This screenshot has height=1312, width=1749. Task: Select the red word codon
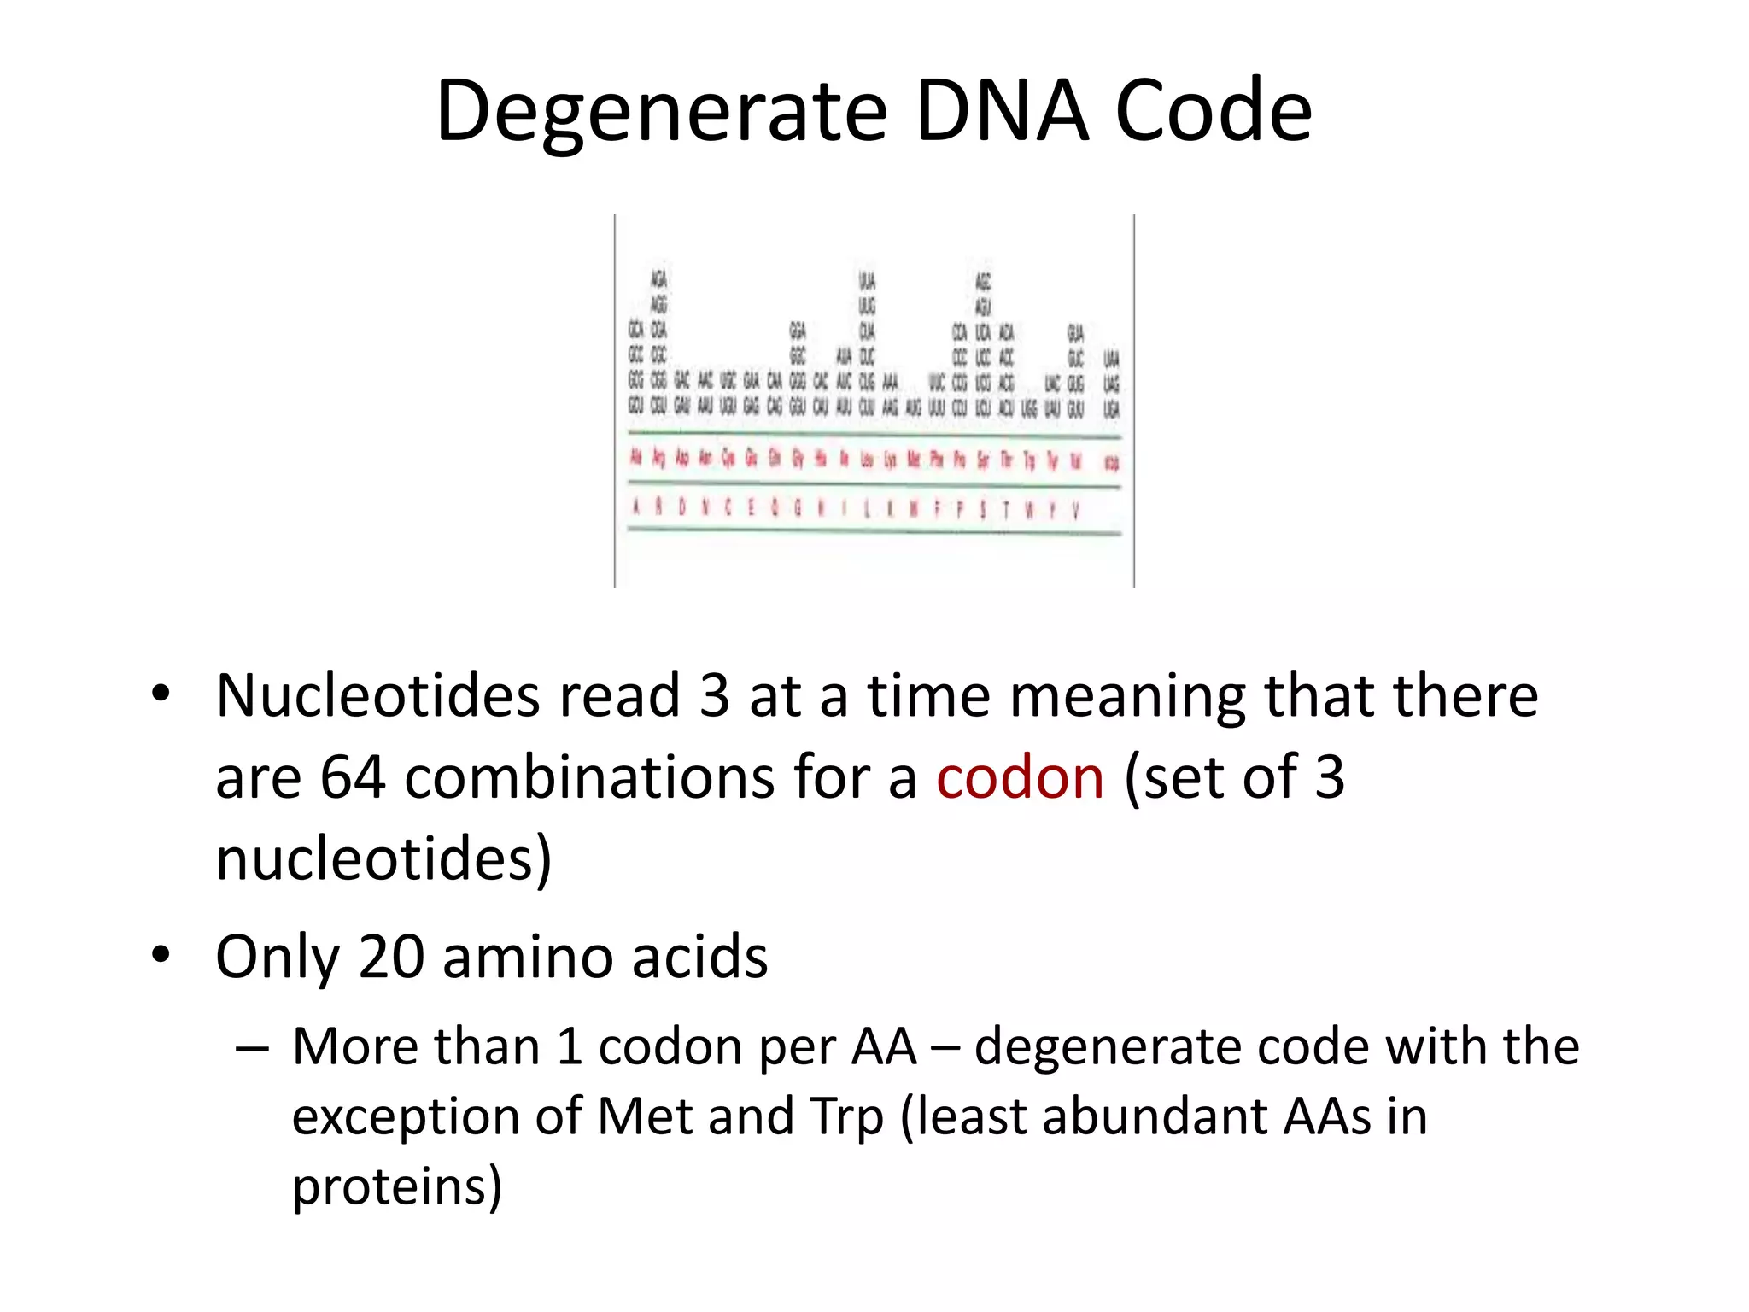[1020, 777]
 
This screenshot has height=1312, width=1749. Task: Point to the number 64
[352, 777]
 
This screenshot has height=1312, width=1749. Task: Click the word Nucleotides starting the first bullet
[377, 695]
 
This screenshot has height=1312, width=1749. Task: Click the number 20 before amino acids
[390, 957]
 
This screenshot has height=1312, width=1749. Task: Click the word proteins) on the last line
[397, 1187]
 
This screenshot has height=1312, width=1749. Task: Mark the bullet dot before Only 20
[161, 955]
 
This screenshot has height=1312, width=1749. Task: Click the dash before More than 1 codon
[253, 1048]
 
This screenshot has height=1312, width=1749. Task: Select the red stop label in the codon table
[1111, 463]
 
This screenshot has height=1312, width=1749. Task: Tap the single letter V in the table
[1075, 510]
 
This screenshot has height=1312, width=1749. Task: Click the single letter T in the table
[1006, 510]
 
